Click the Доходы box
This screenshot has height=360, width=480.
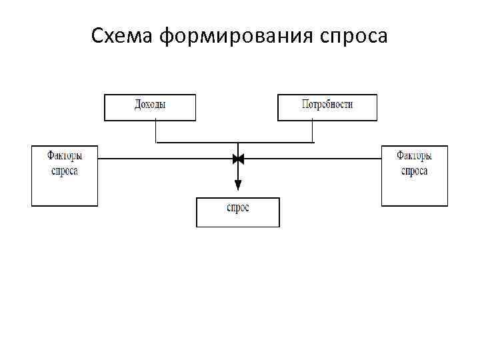150,107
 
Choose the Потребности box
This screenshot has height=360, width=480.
327,107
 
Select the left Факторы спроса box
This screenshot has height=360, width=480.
65,175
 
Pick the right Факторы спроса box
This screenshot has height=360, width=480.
414,175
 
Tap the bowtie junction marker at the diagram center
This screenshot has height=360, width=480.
238,159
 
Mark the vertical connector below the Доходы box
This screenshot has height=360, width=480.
156,131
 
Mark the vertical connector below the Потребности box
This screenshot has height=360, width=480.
313,131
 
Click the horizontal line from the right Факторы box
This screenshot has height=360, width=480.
313,159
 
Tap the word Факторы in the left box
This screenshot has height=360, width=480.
65,156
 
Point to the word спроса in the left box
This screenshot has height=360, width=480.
65,171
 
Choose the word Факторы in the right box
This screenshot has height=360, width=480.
414,156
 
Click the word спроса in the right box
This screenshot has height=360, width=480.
414,171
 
